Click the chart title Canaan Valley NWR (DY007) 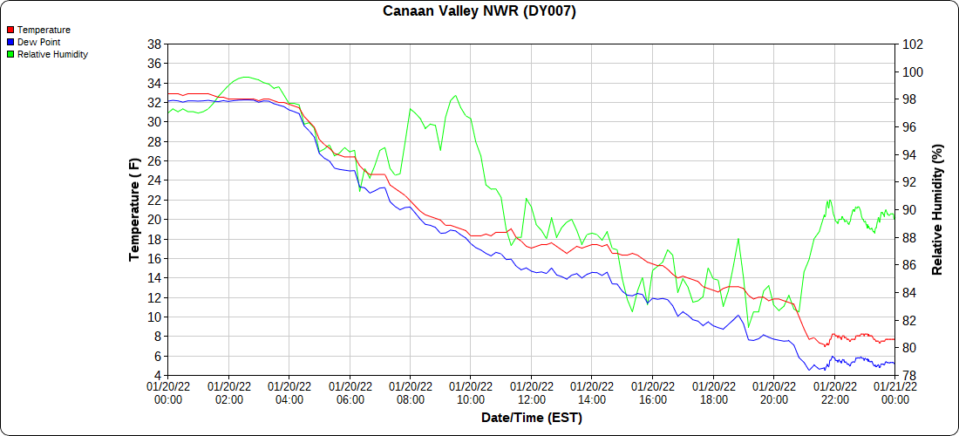coord(479,11)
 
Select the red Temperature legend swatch coord(10,30)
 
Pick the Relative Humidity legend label coord(52,54)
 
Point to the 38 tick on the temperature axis coord(153,44)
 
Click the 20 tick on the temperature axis coord(153,220)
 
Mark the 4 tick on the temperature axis coord(157,376)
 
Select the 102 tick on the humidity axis coord(912,44)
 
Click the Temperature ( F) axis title coord(134,209)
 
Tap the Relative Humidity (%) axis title coord(938,209)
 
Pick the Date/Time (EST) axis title coord(531,418)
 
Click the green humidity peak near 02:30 coord(245,77)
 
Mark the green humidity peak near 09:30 coord(456,95)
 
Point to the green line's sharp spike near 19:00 coord(738,238)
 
